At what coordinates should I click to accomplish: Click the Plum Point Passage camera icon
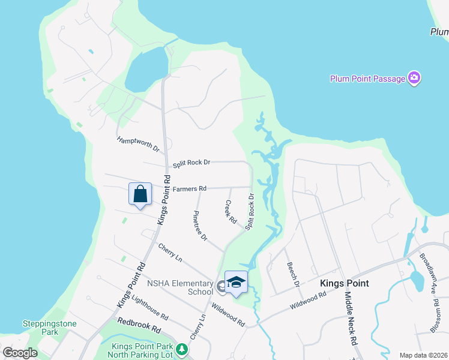pyautogui.click(x=414, y=78)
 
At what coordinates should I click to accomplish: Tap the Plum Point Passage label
pyautogui.click(x=367, y=79)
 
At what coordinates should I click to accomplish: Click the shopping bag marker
pyautogui.click(x=140, y=194)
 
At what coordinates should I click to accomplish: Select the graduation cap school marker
pyautogui.click(x=236, y=283)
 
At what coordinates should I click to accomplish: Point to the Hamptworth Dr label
pyautogui.click(x=138, y=144)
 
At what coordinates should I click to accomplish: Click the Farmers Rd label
pyautogui.click(x=190, y=189)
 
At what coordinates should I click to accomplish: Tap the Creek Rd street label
pyautogui.click(x=231, y=212)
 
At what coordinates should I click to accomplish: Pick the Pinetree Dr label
pyautogui.click(x=200, y=226)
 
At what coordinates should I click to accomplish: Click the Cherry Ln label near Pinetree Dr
pyautogui.click(x=170, y=252)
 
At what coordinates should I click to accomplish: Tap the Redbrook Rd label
pyautogui.click(x=140, y=326)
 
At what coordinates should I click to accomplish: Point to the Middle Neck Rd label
pyautogui.click(x=351, y=317)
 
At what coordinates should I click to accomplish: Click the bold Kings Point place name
pyautogui.click(x=345, y=283)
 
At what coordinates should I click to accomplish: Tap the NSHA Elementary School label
pyautogui.click(x=181, y=287)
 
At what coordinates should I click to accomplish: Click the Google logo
pyautogui.click(x=20, y=353)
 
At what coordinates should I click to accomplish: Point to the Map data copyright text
pyautogui.click(x=423, y=355)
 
